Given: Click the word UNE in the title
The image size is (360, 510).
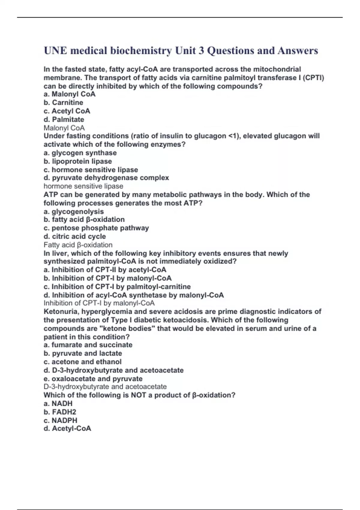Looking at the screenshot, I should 55,50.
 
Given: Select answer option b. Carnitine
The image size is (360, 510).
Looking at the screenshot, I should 63,103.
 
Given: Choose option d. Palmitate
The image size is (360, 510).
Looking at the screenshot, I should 64,119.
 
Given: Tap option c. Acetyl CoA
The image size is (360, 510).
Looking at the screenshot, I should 67,111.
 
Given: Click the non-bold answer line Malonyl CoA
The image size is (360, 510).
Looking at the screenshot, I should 64,128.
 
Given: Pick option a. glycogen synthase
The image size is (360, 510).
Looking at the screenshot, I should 80,153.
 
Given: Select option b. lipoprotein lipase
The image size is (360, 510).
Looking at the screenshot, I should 78,161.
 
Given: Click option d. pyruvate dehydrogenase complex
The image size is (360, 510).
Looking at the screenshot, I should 106,178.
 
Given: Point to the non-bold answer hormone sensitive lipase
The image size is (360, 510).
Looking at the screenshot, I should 83,186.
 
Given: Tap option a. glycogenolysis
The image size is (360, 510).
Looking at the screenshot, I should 74,211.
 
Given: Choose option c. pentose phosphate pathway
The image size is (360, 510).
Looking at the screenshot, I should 96,228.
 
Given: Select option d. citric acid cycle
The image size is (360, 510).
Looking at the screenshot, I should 75,236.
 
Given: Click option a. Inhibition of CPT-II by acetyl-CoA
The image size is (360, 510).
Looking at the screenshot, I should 105,270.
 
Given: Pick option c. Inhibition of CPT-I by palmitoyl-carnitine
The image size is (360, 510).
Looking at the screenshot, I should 117,286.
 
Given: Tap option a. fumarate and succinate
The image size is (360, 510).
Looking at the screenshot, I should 88,345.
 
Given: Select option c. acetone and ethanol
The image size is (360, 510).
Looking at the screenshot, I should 82,362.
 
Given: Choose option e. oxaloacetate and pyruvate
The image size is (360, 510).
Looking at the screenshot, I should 93,379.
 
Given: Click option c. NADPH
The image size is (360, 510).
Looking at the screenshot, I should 60,420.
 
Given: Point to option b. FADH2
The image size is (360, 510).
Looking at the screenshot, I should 60,412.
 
